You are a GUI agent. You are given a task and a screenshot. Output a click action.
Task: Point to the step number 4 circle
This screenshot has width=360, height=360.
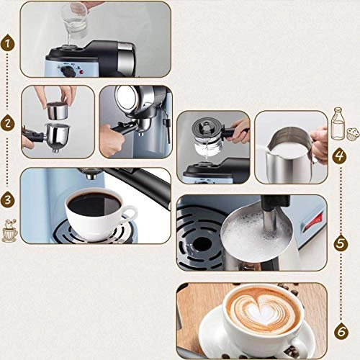340,155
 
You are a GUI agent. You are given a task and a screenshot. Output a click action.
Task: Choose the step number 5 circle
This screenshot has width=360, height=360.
340,243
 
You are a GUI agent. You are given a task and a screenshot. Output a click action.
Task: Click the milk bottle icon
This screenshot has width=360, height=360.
337,123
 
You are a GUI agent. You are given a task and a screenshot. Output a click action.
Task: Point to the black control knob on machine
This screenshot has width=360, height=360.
69,71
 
